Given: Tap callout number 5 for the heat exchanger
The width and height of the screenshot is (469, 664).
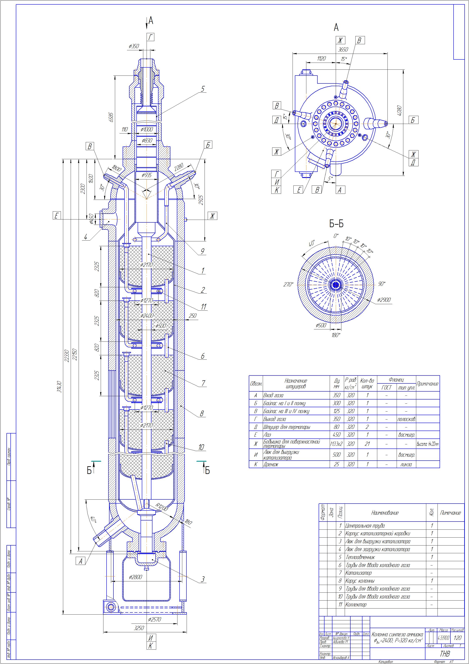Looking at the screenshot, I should [203, 89].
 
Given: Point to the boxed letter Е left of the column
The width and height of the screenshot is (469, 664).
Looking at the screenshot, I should [57, 215].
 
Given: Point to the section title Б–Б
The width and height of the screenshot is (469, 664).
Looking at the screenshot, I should [336, 224].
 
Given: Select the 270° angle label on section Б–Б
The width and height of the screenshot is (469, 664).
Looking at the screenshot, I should [288, 285].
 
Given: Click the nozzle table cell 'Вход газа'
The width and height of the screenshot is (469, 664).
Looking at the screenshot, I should [273, 395].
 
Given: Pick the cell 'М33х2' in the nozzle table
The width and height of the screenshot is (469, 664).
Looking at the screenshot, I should [337, 444].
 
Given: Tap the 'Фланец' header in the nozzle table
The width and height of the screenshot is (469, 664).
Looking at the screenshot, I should [396, 380].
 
